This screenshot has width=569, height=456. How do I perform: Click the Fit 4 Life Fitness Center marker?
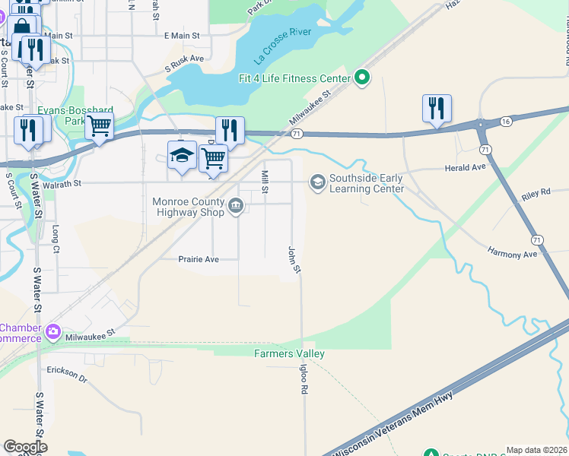pyautogui.click(x=363, y=78)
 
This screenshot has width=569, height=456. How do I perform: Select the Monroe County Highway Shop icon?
pyautogui.click(x=236, y=204)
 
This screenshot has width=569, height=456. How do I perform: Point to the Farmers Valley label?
pyautogui.click(x=289, y=353)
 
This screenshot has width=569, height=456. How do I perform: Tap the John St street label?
pyautogui.click(x=294, y=259)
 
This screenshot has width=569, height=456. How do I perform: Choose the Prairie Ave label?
pyautogui.click(x=198, y=259)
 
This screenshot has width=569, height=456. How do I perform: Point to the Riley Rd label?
pyautogui.click(x=536, y=195)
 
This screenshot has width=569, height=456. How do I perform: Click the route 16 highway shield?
pyautogui.click(x=506, y=121)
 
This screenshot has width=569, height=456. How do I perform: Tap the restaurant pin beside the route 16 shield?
pyautogui.click(x=437, y=108)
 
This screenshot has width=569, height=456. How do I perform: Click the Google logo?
pyautogui.click(x=25, y=447)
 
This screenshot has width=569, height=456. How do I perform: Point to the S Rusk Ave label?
pyautogui.click(x=185, y=58)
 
